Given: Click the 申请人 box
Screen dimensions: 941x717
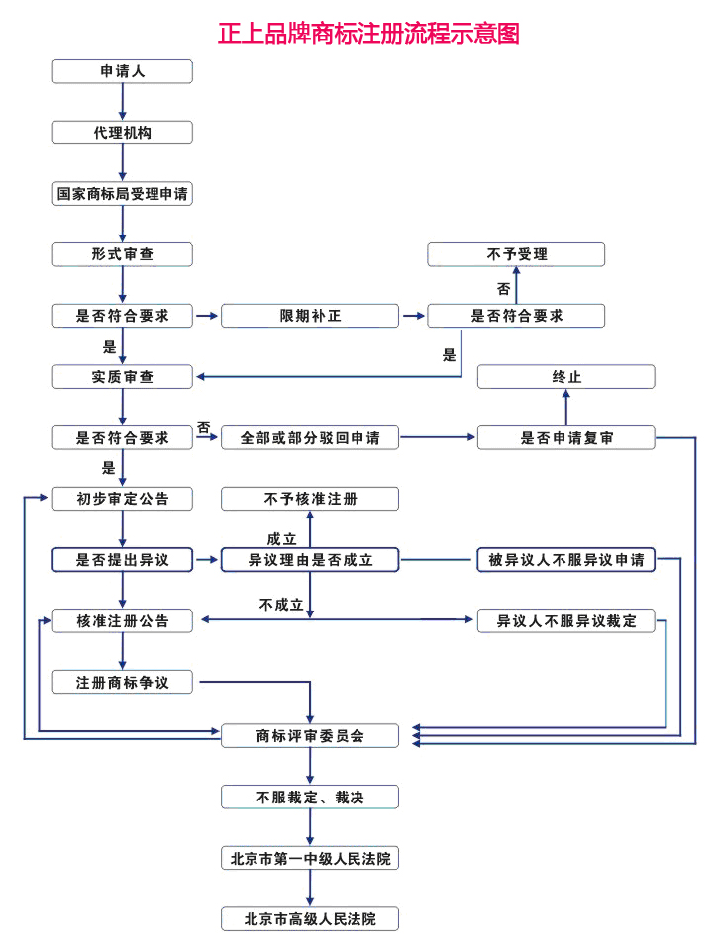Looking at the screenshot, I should point(122,71).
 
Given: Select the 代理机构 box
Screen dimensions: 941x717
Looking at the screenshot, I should point(122,133).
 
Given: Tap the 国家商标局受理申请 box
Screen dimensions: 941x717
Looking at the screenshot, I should point(122,194).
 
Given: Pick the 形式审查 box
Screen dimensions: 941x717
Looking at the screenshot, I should point(122,254).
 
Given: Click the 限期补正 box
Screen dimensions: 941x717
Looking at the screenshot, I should point(309,316).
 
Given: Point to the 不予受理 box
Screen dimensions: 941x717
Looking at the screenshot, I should point(516,254).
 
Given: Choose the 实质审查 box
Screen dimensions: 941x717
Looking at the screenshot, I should point(122,376).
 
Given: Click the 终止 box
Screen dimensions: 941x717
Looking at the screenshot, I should point(565,376).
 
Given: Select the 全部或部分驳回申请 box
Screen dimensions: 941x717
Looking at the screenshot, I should point(309,437).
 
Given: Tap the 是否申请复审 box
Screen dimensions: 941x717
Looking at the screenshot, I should point(565,437).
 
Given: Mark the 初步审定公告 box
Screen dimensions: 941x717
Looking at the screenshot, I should point(122,499).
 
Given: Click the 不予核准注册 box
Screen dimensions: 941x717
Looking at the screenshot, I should point(309,499).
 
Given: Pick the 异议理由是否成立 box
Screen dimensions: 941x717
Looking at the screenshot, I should point(309,560).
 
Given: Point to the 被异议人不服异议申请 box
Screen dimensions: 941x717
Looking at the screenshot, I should point(565,560).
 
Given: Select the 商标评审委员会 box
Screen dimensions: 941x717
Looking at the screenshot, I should point(309,735).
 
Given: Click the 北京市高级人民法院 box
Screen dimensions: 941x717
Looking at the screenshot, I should point(309,918).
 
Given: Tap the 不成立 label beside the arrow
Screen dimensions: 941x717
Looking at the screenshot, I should point(281,604).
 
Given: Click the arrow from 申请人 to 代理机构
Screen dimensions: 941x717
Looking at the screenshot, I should point(122,102).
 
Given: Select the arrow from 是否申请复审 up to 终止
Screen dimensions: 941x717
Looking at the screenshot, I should point(565,407).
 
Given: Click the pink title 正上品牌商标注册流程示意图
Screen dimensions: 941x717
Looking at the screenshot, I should point(368,33).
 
